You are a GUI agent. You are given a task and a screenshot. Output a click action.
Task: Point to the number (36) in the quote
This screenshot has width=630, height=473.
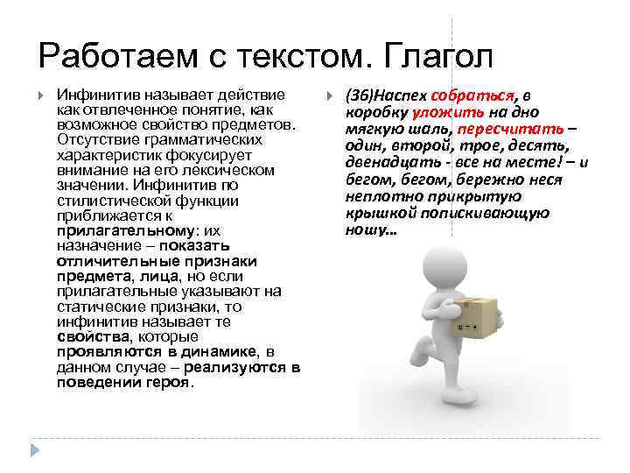coord(358,95)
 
